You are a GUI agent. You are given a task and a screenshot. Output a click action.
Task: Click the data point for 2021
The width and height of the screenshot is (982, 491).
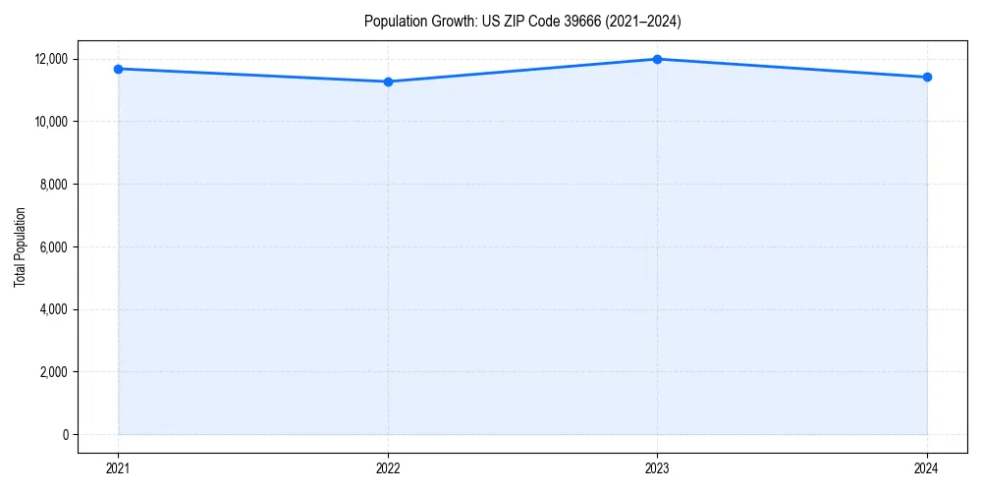[118, 69]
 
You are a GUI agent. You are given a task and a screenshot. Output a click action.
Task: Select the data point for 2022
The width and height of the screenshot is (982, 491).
[388, 82]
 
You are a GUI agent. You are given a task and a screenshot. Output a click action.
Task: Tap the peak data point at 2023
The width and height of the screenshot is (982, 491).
[657, 59]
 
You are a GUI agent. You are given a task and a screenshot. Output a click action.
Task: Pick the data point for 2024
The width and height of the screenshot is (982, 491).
[927, 77]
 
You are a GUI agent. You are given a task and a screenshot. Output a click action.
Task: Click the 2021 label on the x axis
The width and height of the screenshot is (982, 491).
[118, 468]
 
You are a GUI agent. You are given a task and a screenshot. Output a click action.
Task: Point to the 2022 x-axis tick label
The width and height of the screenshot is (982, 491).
[388, 468]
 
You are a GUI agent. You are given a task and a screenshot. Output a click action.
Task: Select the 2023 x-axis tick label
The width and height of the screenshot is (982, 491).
[657, 468]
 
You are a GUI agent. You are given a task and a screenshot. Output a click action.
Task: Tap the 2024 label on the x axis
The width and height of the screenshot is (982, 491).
[927, 468]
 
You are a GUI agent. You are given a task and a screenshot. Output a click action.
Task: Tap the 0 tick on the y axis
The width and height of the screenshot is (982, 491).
[65, 435]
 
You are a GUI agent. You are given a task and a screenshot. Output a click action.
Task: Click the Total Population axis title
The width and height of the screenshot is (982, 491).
[20, 246]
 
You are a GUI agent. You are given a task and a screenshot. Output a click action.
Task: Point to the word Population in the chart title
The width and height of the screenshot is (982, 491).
[394, 21]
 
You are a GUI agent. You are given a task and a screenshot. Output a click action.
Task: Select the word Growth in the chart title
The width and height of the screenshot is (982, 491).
[451, 21]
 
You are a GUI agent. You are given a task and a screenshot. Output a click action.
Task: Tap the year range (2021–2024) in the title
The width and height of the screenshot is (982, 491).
[642, 21]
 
